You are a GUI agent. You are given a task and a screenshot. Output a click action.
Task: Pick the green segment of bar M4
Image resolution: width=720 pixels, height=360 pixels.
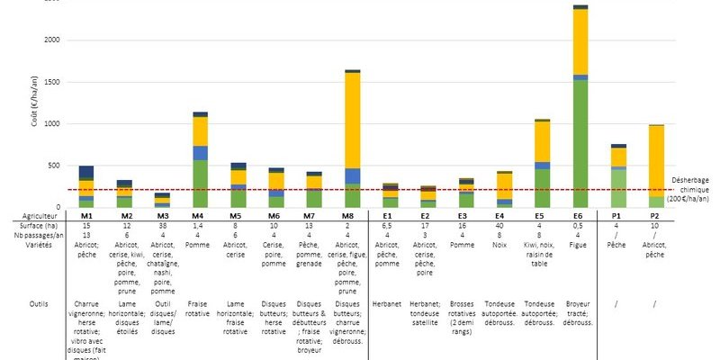(200, 184)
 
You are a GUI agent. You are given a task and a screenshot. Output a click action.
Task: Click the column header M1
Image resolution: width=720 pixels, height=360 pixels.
(86, 216)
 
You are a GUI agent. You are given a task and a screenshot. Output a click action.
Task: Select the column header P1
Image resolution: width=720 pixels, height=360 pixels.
(617, 216)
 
